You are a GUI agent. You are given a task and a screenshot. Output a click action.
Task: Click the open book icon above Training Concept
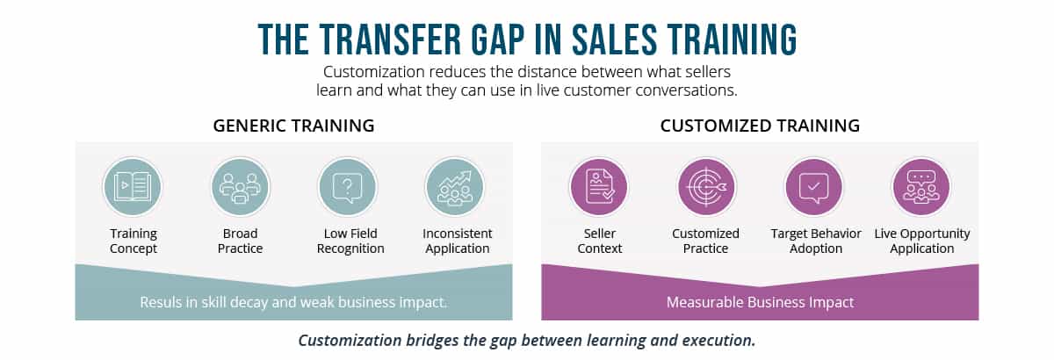click(x=133, y=187)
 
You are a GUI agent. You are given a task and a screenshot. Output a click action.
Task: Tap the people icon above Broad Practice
click(x=240, y=187)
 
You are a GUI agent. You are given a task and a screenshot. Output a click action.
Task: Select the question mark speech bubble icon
click(x=347, y=187)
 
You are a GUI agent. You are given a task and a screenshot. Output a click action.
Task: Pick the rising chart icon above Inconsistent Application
click(x=455, y=187)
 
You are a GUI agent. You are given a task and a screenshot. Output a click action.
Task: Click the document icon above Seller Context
click(x=599, y=187)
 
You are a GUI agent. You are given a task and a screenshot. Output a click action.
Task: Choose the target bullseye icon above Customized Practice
click(x=706, y=187)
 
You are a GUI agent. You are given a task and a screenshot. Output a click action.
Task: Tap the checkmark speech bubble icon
click(x=814, y=187)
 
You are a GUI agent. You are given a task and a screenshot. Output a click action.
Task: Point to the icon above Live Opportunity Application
click(x=921, y=187)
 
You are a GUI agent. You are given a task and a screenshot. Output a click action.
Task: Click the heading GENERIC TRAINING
click(x=293, y=126)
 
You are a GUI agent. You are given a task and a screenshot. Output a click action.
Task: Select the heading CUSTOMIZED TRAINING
click(x=760, y=126)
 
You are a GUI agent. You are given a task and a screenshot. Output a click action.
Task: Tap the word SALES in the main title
click(x=614, y=40)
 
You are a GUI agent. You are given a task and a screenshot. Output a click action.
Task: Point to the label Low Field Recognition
click(x=350, y=241)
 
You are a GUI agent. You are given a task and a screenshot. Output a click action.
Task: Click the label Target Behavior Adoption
click(x=816, y=241)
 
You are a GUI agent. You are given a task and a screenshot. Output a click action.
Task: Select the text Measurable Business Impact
click(x=760, y=302)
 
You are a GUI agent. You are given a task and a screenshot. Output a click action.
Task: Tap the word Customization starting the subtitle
click(x=374, y=72)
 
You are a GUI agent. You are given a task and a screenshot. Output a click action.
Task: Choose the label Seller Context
click(x=599, y=241)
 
